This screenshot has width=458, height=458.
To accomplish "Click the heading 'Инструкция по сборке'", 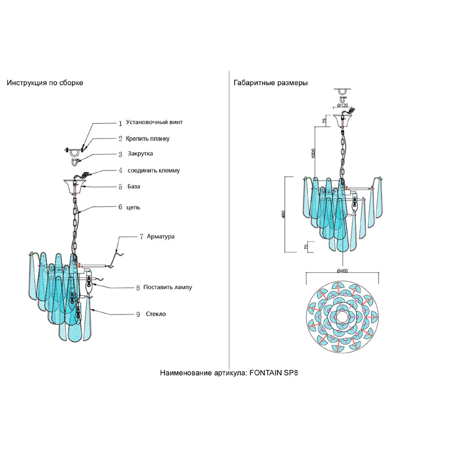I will tap(45, 83).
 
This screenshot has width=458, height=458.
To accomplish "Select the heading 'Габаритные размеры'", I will tap(270, 83).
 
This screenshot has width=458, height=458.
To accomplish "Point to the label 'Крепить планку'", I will tap(150, 138).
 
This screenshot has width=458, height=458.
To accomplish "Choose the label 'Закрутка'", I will tap(140, 154).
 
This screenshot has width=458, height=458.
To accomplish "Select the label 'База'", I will tap(135, 187).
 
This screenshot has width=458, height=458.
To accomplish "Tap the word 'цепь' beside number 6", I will tap(134, 207).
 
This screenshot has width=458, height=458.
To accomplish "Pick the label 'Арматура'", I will tap(161, 237).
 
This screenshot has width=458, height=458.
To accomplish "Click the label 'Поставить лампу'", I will tap(168, 288).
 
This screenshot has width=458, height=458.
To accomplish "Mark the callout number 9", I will tap(138, 315).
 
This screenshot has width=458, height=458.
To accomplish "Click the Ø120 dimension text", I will tap(342, 105).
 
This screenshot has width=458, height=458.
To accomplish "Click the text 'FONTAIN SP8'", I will tap(274, 373).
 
